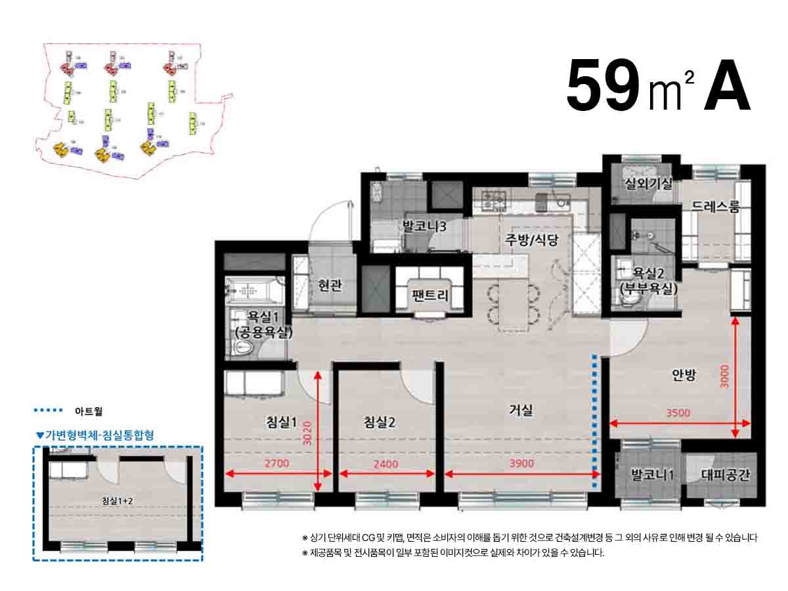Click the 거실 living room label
[521, 411]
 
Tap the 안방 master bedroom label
[683, 375]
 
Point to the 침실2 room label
[380, 422]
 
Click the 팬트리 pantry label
[430, 295]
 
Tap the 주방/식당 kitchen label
[531, 240]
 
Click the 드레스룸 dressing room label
[715, 208]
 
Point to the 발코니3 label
[424, 227]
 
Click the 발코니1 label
[652, 474]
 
